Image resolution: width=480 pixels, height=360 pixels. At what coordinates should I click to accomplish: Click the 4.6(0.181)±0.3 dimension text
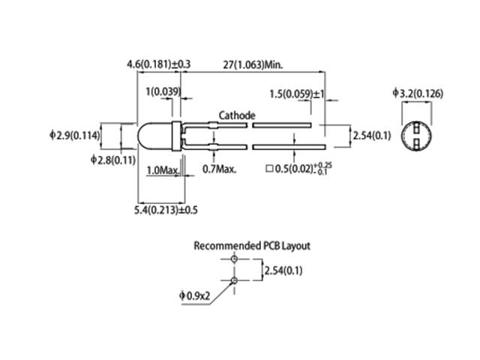159,65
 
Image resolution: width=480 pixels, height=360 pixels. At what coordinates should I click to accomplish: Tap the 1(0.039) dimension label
163,92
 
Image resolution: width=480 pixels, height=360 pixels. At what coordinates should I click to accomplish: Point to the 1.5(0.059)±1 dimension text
297,94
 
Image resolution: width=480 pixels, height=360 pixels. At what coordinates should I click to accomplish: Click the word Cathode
237,115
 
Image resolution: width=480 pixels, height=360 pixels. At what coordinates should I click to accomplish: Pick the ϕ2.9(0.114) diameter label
75,135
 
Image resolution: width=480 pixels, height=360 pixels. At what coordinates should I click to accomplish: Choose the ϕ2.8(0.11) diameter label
112,160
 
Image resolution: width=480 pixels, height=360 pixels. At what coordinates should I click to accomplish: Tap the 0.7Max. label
220,169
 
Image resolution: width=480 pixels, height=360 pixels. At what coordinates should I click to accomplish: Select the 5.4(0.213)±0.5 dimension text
166,209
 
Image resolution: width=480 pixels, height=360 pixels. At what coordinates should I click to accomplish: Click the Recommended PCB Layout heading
252,245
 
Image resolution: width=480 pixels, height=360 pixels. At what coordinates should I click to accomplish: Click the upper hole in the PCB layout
234,259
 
